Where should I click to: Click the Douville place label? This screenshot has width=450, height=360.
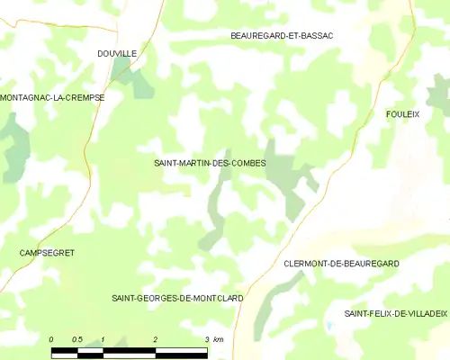pos(117,54)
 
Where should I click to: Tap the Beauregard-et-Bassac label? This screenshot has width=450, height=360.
pos(282,35)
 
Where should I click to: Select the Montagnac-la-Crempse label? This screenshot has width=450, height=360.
pos(52,97)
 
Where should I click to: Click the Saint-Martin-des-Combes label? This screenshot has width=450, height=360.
pos(210,163)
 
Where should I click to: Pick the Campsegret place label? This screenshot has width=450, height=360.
pos(45,253)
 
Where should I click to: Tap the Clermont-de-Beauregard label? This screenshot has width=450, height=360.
pos(341,263)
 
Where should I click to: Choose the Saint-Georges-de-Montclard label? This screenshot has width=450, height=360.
pos(177,297)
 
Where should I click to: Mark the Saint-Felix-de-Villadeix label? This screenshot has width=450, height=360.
pos(395,313)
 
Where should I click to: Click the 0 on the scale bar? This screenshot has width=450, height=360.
pos(51,338)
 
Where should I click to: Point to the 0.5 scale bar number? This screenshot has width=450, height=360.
pos(77,338)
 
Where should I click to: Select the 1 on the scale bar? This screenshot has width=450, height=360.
pos(103,338)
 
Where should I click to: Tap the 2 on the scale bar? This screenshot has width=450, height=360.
pos(156,338)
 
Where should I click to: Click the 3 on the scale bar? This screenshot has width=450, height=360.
pos(207,338)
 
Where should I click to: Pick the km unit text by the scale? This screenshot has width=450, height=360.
pos(219,338)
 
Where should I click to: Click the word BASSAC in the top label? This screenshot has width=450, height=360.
pos(318,35)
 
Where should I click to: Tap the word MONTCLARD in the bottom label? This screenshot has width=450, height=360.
pos(216,297)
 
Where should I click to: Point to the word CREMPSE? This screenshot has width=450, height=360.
pos(82,97)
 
